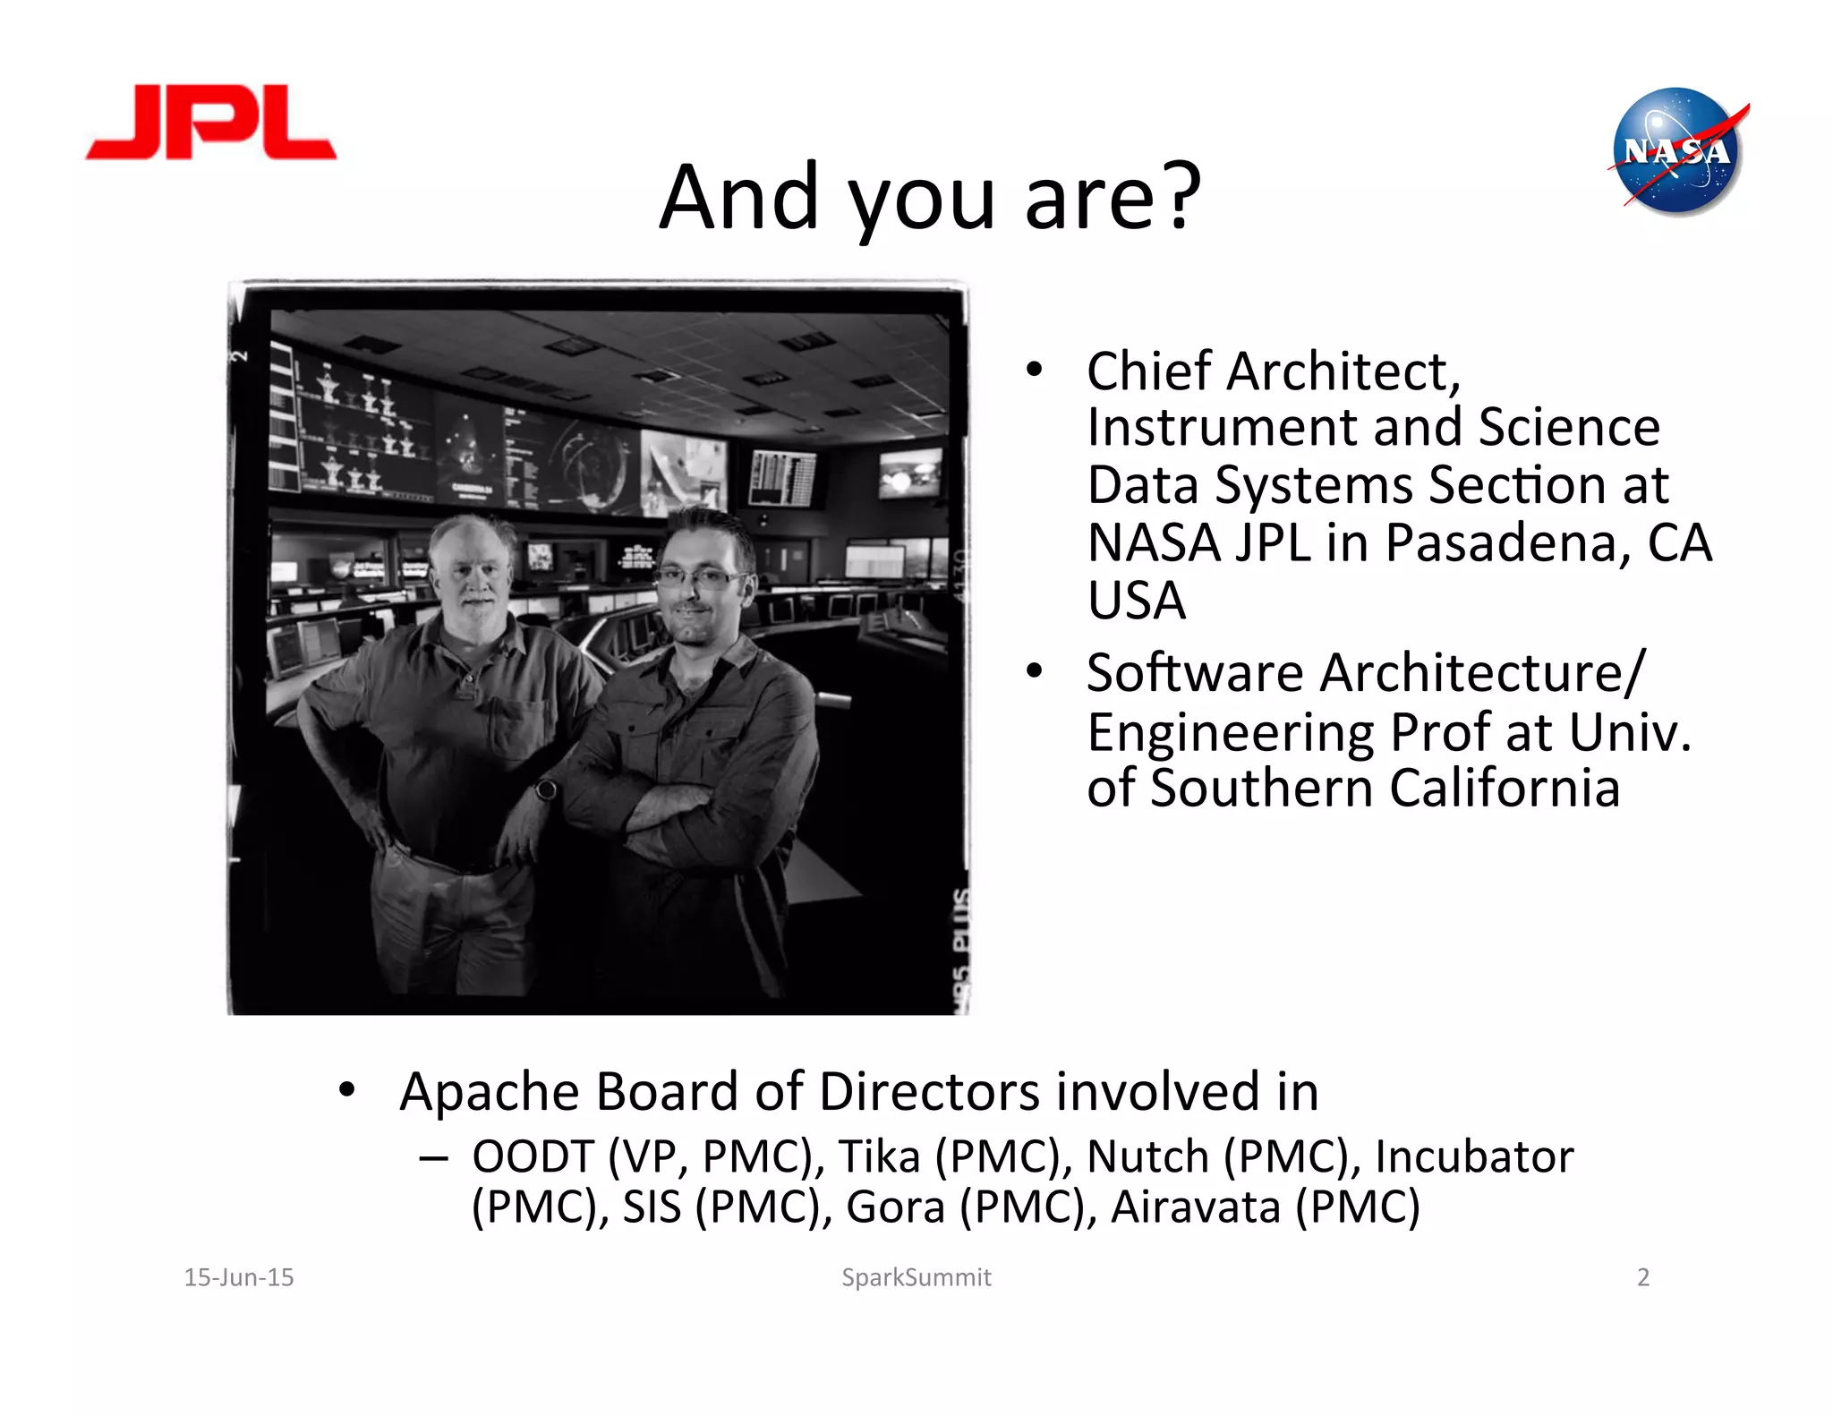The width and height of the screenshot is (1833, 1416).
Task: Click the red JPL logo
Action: (x=211, y=123)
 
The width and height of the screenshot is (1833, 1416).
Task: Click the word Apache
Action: (x=490, y=1092)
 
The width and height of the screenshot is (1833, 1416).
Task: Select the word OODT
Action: (x=533, y=1156)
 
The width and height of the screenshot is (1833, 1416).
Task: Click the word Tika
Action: (x=879, y=1156)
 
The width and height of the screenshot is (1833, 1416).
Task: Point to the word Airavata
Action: (x=1196, y=1207)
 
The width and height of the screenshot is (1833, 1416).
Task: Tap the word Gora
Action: (x=895, y=1207)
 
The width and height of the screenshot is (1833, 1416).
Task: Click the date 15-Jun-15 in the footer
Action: (x=239, y=1277)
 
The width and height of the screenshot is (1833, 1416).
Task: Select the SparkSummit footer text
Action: (x=916, y=1277)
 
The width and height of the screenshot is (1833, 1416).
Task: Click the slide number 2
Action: (x=1643, y=1277)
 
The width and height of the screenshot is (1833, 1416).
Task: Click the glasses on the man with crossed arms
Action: (x=695, y=577)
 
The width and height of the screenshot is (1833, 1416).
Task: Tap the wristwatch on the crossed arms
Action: (x=545, y=789)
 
